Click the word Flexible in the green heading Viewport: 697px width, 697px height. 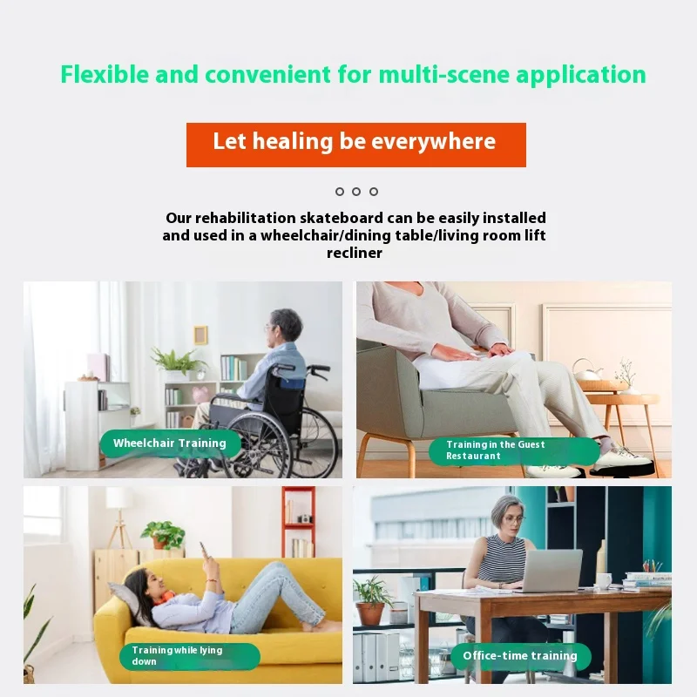[104, 74]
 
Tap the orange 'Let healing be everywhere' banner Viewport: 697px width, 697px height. [356, 145]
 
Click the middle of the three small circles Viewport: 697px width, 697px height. [356, 192]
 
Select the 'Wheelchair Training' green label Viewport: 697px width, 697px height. [170, 443]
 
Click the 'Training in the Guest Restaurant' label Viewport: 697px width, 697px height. [514, 450]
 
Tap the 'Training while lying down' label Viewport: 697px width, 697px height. [189, 656]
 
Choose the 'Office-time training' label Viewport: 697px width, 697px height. [520, 656]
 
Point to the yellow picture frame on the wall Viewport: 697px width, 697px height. [200, 335]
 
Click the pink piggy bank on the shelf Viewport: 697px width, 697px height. [200, 395]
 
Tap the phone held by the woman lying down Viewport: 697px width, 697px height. [204, 550]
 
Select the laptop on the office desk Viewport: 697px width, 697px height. [552, 571]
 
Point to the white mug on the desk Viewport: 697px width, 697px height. [605, 580]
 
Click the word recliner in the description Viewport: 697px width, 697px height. [355, 253]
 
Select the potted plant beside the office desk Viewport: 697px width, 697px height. [372, 601]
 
